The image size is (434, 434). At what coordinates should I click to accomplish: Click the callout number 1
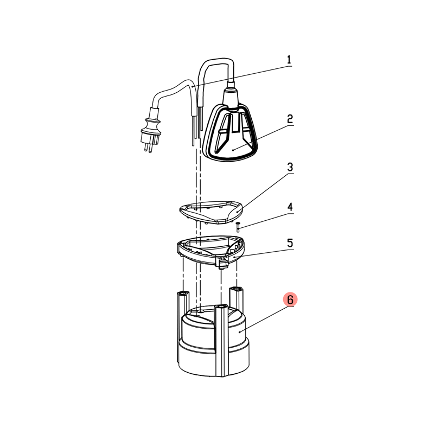click(x=289, y=60)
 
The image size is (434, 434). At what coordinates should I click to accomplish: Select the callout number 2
click(x=290, y=119)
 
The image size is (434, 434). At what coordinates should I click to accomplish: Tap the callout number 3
click(x=290, y=167)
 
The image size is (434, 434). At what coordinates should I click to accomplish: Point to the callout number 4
click(x=290, y=207)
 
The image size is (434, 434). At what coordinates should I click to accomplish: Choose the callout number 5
click(x=290, y=243)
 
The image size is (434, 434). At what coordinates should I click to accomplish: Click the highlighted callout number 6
click(x=290, y=299)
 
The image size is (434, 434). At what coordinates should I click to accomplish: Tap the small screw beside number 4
click(x=238, y=227)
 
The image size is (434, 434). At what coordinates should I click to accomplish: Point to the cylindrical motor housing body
click(x=214, y=343)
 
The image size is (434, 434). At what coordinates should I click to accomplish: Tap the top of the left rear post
click(x=183, y=293)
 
